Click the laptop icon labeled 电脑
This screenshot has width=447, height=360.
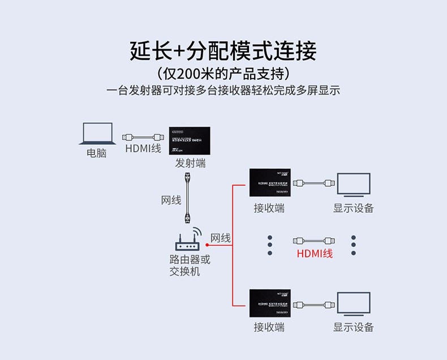[x=97, y=135]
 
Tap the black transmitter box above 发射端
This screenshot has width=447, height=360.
[x=190, y=141]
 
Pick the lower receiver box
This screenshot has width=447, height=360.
[x=270, y=303]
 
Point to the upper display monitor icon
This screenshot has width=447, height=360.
[x=353, y=185]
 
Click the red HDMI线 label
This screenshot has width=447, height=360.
[x=315, y=254]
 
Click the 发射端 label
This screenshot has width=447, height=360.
[x=190, y=164]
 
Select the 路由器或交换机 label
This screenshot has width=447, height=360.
[x=190, y=265]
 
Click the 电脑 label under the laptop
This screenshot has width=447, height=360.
[x=97, y=153]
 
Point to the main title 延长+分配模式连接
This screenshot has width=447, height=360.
[x=223, y=51]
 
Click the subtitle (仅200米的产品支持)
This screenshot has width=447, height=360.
[x=223, y=74]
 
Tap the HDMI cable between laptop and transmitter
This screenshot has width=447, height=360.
[x=144, y=137]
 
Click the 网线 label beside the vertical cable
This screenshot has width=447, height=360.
[x=171, y=200]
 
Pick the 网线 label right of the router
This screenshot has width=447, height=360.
[x=221, y=238]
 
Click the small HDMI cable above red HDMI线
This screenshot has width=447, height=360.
[x=315, y=240]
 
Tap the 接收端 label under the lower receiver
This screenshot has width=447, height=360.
[x=269, y=327]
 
